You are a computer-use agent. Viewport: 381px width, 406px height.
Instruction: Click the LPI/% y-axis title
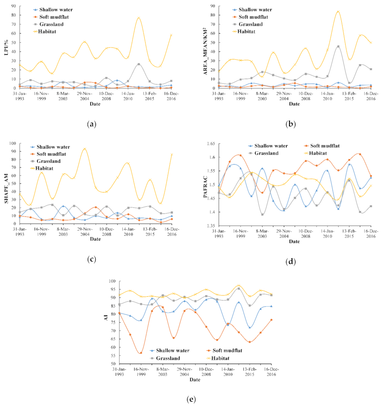[5, 47]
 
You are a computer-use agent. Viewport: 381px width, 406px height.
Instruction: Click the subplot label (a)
[91, 124]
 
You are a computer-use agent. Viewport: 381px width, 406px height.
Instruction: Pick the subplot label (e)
[190, 399]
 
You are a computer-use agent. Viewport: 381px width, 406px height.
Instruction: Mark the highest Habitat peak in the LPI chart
[139, 18]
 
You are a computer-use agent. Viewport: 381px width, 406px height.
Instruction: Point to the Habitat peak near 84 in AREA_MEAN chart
[338, 12]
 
